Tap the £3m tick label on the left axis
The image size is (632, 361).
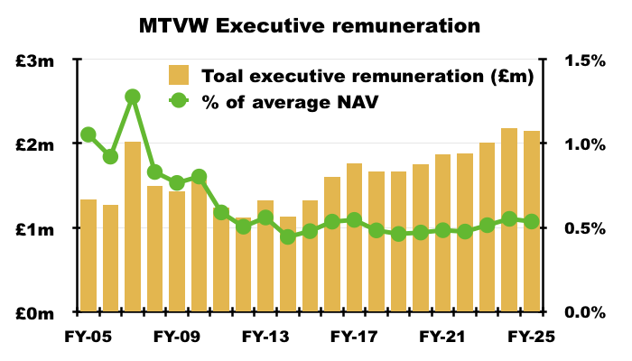tap(41, 60)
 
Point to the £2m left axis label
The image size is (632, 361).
tap(41, 144)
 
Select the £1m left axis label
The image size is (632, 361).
tap(41, 228)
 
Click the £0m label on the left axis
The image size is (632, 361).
tap(41, 312)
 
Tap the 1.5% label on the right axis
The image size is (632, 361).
tap(584, 60)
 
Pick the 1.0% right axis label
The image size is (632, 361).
tap(584, 144)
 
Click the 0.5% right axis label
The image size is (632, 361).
tap(584, 228)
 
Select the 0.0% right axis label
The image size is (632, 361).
tap(584, 312)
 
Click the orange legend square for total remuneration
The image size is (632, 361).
tap(180, 75)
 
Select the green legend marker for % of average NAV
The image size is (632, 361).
tap(180, 102)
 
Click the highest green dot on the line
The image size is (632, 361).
tap(133, 97)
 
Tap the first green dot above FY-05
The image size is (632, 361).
tap(88, 135)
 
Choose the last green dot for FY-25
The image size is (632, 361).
tap(531, 221)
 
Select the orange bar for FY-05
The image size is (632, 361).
tap(88, 262)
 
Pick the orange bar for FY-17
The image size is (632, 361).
tap(354, 244)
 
